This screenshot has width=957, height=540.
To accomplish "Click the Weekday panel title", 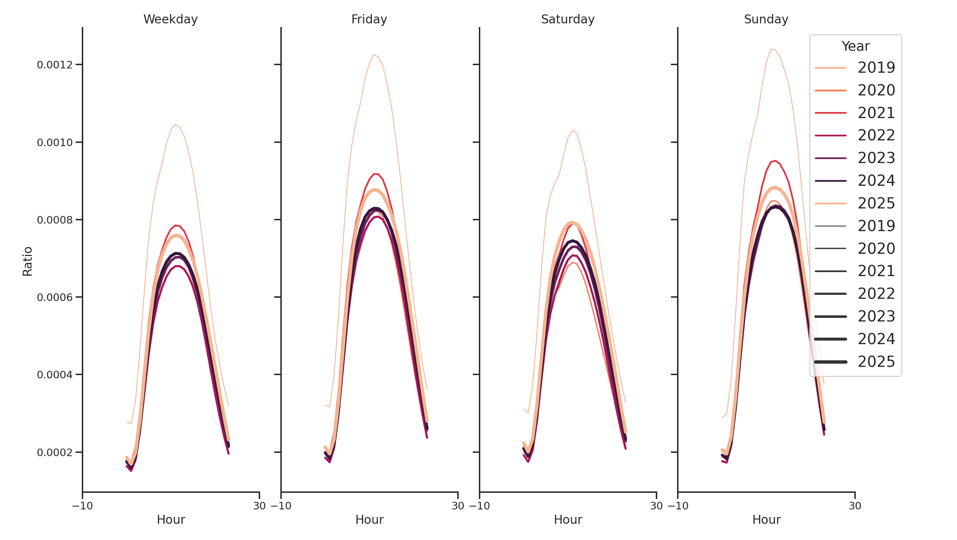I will (170, 19).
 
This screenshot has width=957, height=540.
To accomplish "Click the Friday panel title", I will (369, 19).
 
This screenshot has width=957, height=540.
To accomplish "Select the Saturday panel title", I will (567, 19).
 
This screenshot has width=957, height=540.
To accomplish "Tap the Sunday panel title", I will (766, 19).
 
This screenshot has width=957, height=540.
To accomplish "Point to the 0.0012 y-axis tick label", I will (55, 65).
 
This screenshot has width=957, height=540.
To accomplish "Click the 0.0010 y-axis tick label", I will (55, 143).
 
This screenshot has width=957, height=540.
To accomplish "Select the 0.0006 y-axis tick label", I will (55, 297).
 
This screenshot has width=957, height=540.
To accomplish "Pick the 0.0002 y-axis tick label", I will (55, 453).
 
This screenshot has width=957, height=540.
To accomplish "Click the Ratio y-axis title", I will (27, 261).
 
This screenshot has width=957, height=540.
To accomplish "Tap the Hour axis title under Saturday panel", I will (567, 519).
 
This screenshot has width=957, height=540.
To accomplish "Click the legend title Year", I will (855, 46).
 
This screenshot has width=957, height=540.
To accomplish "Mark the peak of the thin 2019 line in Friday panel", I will (374, 55).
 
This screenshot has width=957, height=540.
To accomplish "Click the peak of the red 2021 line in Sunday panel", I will (775, 161).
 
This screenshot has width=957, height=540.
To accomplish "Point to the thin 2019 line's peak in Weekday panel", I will (175, 124).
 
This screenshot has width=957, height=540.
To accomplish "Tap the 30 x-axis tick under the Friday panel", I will (458, 506).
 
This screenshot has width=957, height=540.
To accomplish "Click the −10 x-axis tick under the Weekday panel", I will (83, 506).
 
